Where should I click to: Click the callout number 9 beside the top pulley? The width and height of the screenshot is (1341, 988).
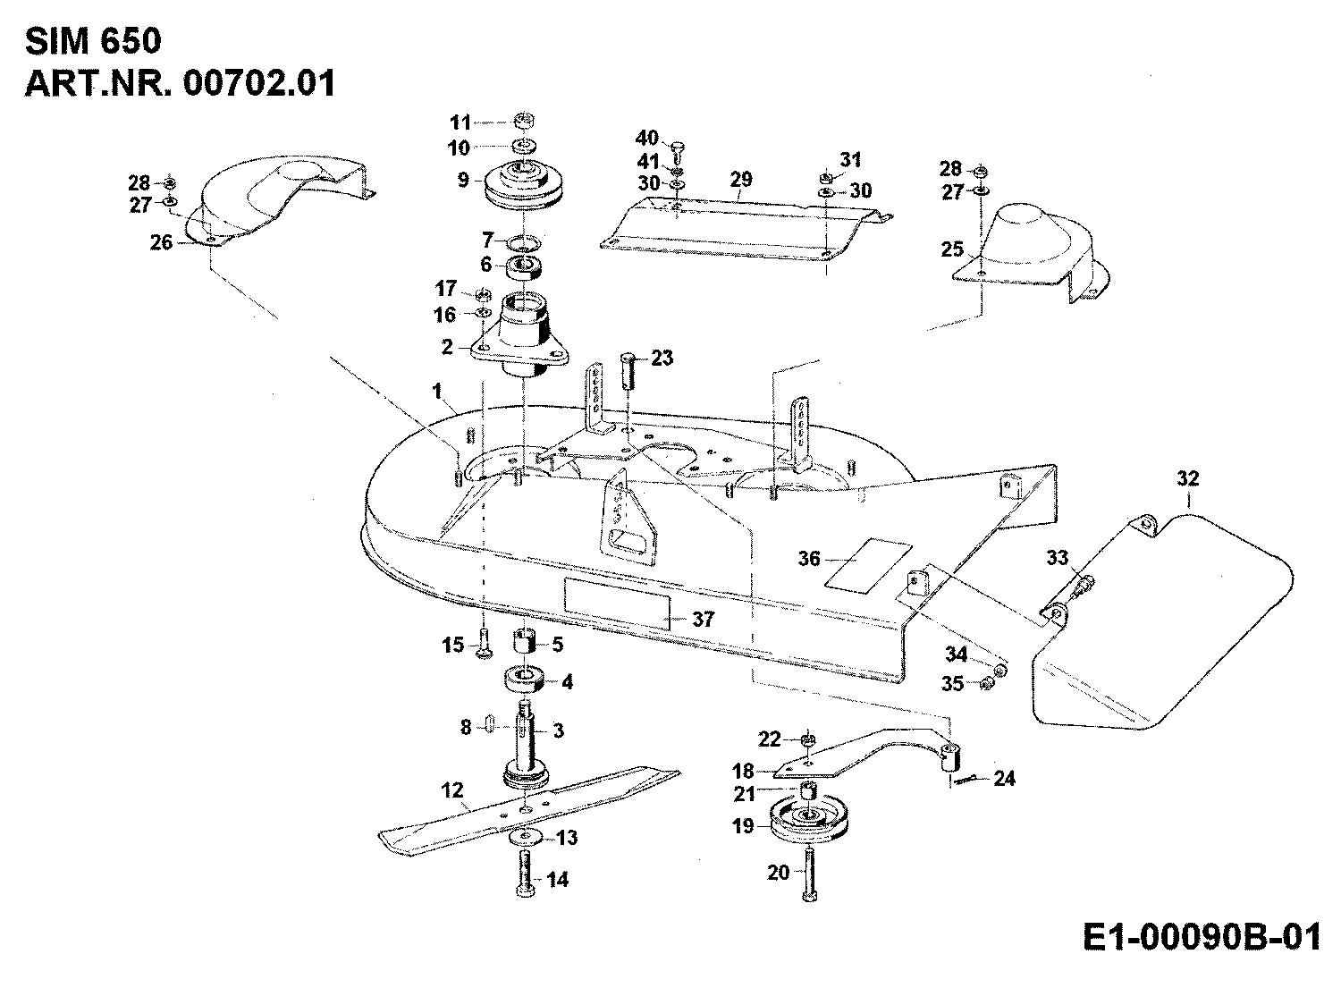463,180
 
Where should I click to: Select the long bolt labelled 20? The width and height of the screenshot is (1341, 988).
809,874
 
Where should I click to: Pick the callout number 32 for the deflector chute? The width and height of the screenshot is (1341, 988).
1187,479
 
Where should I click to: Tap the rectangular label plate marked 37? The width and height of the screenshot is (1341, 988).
616,601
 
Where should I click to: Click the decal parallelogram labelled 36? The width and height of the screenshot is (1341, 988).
868,567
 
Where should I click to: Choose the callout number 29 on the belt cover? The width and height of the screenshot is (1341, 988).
741,180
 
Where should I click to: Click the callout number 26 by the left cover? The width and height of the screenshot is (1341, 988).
162,241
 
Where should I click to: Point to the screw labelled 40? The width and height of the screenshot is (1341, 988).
677,145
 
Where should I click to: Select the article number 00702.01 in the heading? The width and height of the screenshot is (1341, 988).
259,83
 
